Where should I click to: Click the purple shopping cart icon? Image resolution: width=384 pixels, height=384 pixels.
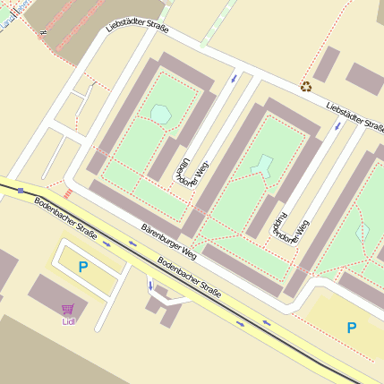[x=68, y=309]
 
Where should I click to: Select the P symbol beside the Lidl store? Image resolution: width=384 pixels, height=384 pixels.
[x=83, y=266]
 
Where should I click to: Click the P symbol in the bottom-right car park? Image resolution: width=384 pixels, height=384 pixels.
[x=352, y=329]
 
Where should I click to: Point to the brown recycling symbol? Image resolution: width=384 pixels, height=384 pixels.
[x=306, y=87]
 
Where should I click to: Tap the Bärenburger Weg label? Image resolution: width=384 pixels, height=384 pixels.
[x=168, y=242]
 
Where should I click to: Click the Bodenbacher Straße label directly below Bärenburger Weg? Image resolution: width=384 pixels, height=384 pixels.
[x=189, y=276]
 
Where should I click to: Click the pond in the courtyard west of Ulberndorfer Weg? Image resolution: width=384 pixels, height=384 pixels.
[x=161, y=113]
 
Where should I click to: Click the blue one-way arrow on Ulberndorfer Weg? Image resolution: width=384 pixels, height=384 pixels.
[x=235, y=78]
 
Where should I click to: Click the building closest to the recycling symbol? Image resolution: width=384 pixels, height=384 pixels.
[x=327, y=64]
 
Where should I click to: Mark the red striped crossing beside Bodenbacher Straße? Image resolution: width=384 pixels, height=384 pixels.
[x=68, y=192]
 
